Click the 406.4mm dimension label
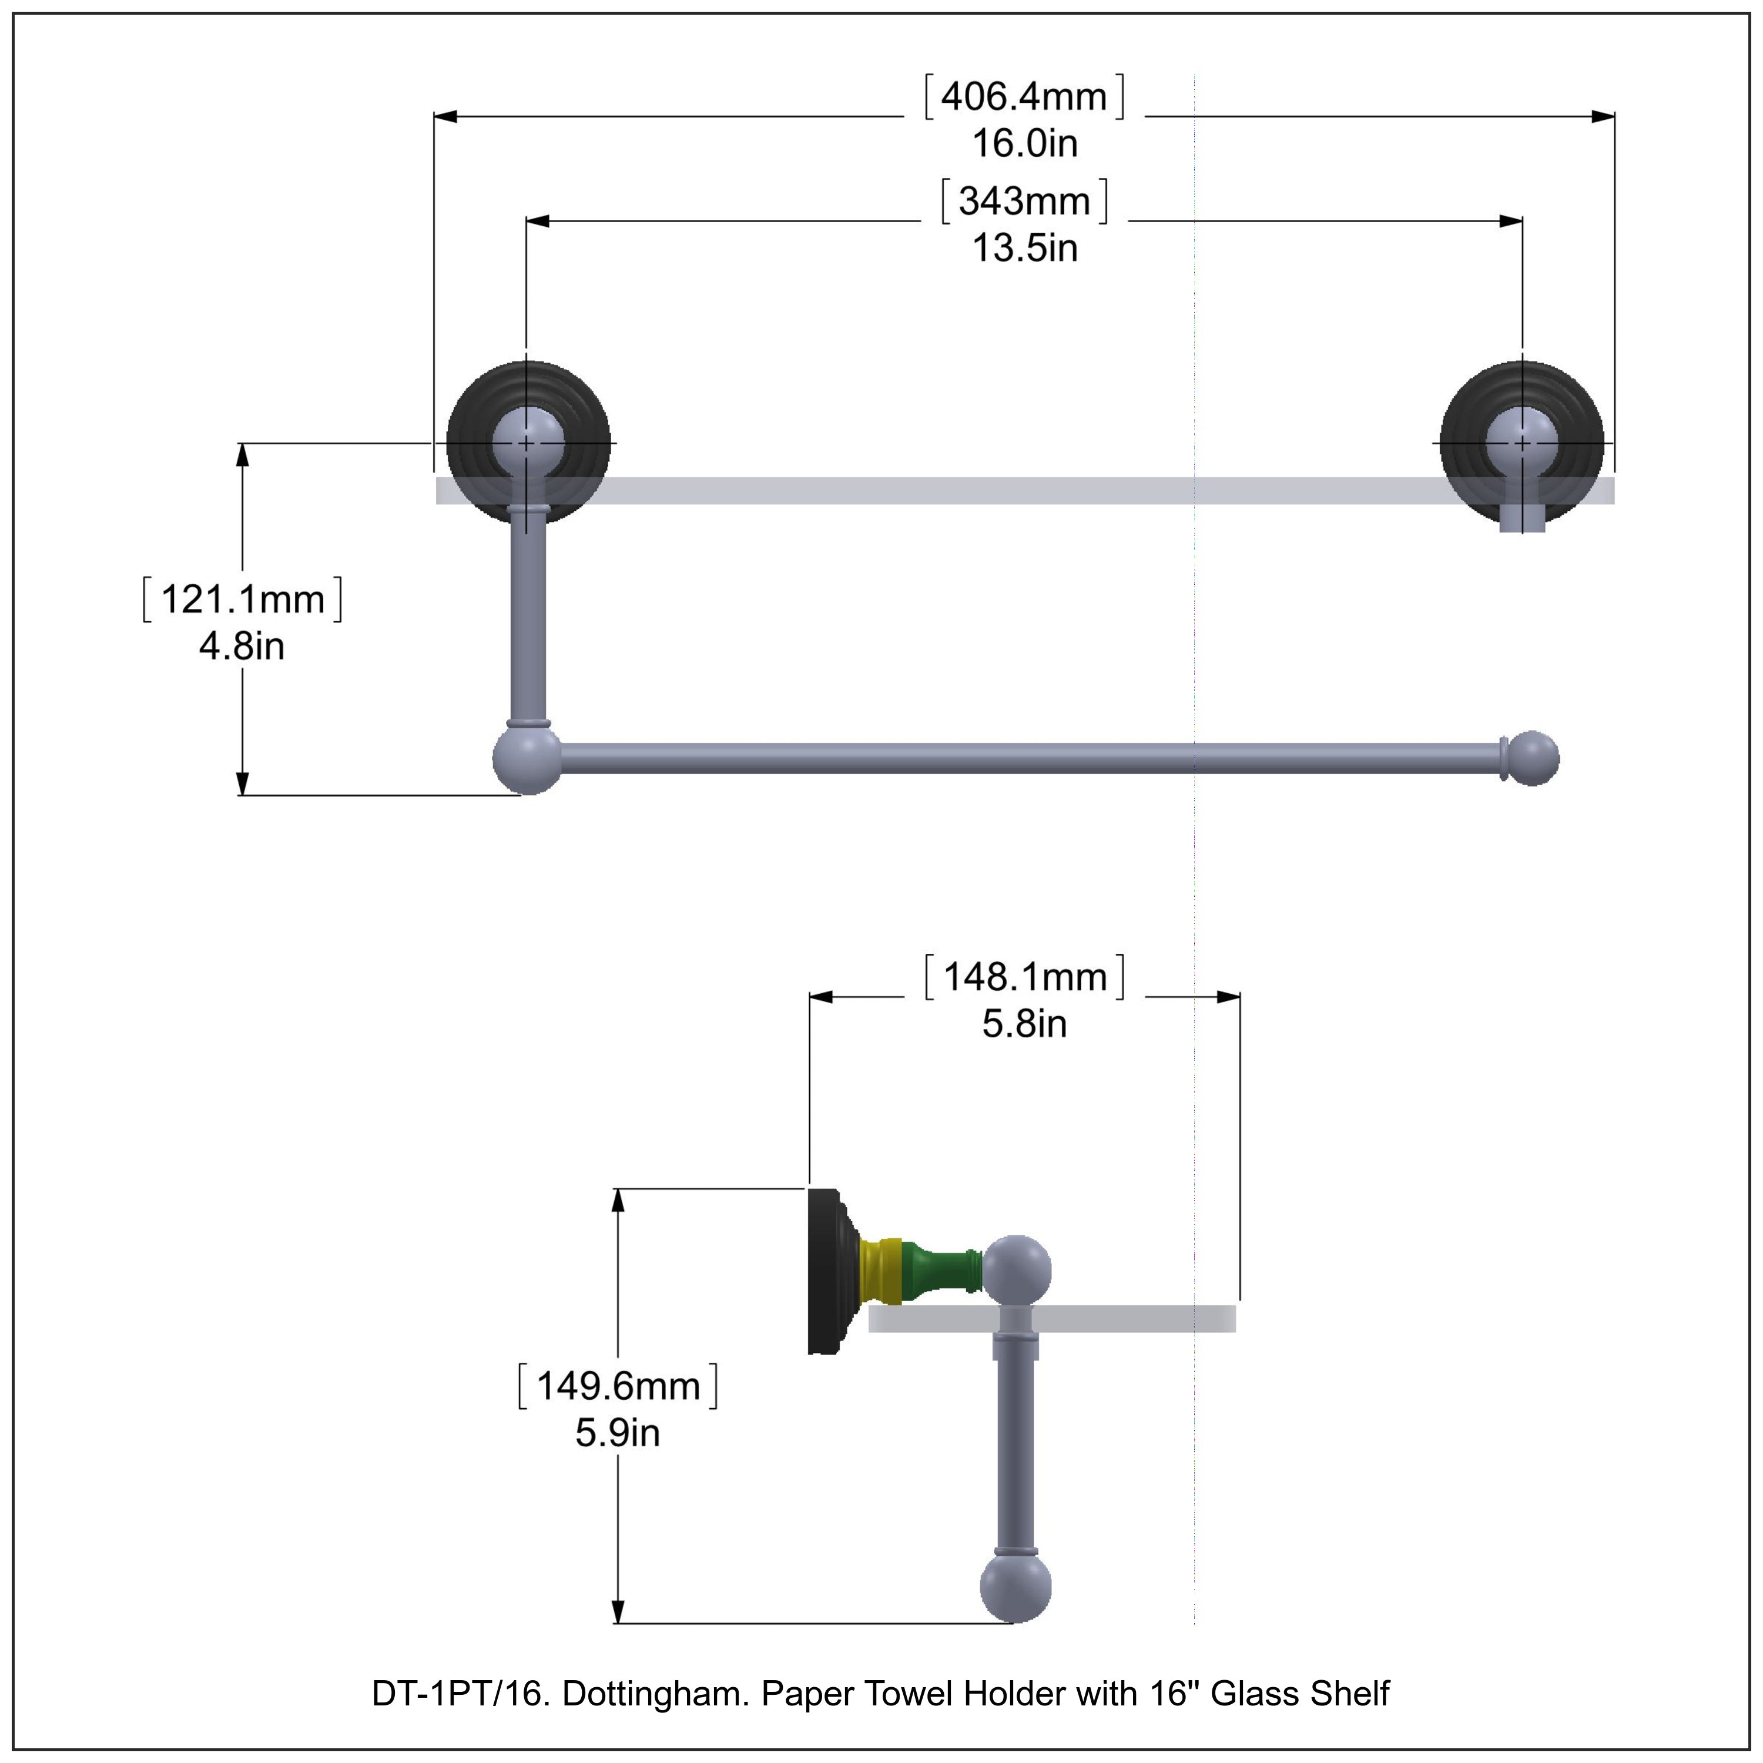(x=1024, y=97)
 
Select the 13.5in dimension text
(x=1024, y=248)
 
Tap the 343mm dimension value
(x=1024, y=201)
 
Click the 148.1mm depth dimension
(x=1024, y=977)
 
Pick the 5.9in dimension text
(x=617, y=1433)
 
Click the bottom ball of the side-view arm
(x=1015, y=1588)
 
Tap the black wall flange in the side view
(x=824, y=1270)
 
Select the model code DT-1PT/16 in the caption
(x=459, y=1694)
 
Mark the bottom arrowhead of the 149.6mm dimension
(x=618, y=1611)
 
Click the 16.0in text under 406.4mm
(x=1024, y=143)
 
